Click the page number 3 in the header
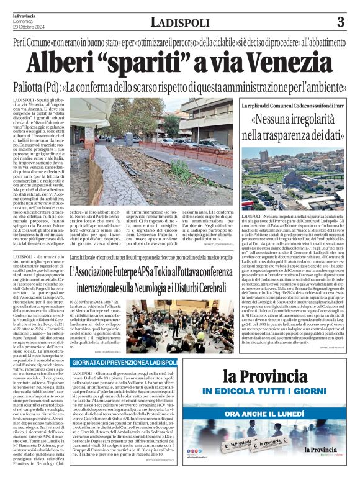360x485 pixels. click(340, 23)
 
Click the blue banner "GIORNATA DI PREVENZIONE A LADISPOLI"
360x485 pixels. click(124, 362)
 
